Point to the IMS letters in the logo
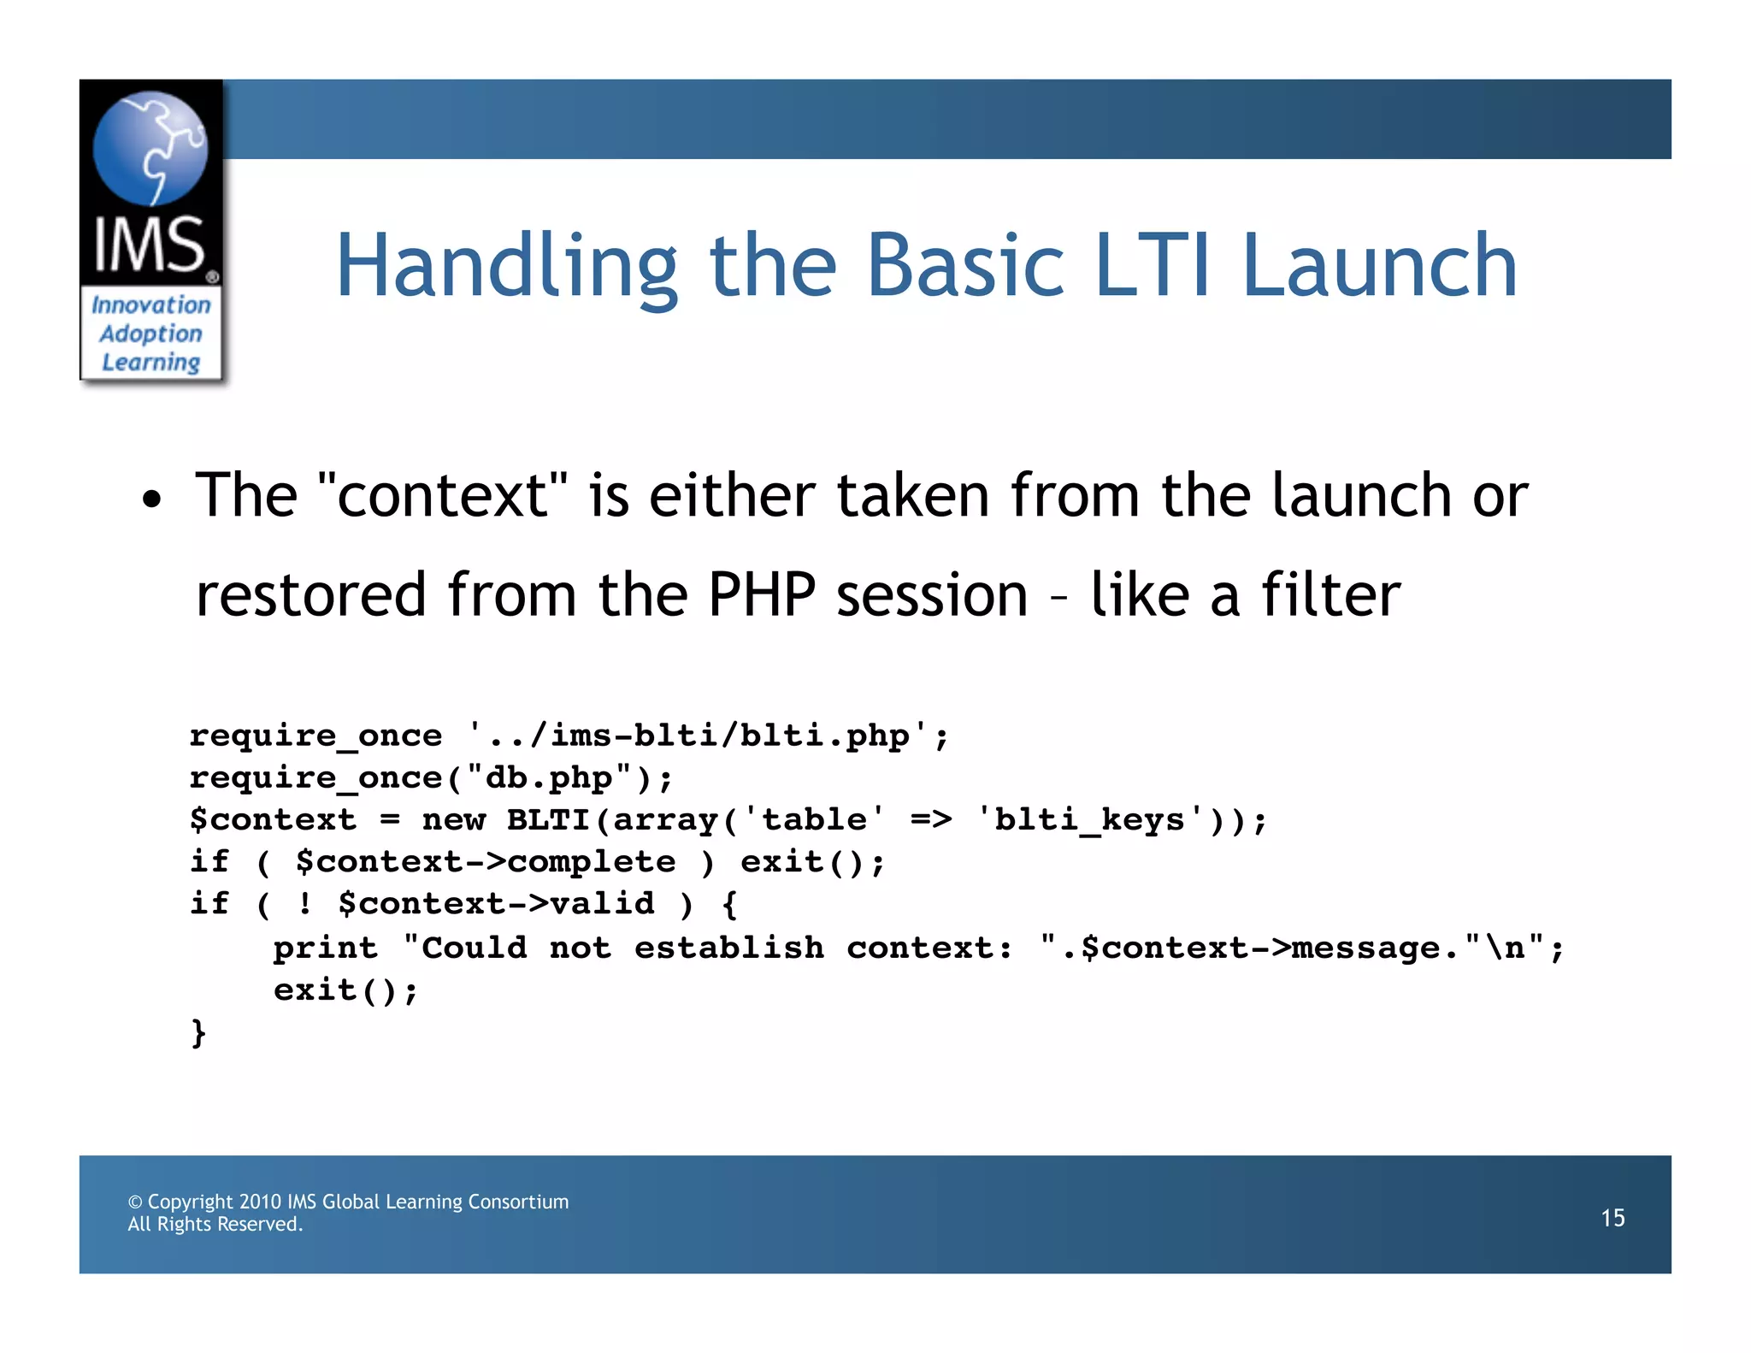click(x=149, y=245)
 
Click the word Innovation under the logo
click(x=151, y=305)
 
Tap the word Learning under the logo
click(x=151, y=363)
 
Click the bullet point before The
click(x=151, y=499)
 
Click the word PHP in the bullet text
click(x=761, y=594)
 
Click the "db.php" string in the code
click(x=550, y=777)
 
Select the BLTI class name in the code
click(x=548, y=819)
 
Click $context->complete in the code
click(x=485, y=861)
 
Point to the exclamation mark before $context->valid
click(x=305, y=903)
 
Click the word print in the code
click(x=325, y=948)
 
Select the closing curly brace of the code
click(x=198, y=1033)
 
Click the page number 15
click(x=1612, y=1218)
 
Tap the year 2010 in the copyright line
click(x=260, y=1202)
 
